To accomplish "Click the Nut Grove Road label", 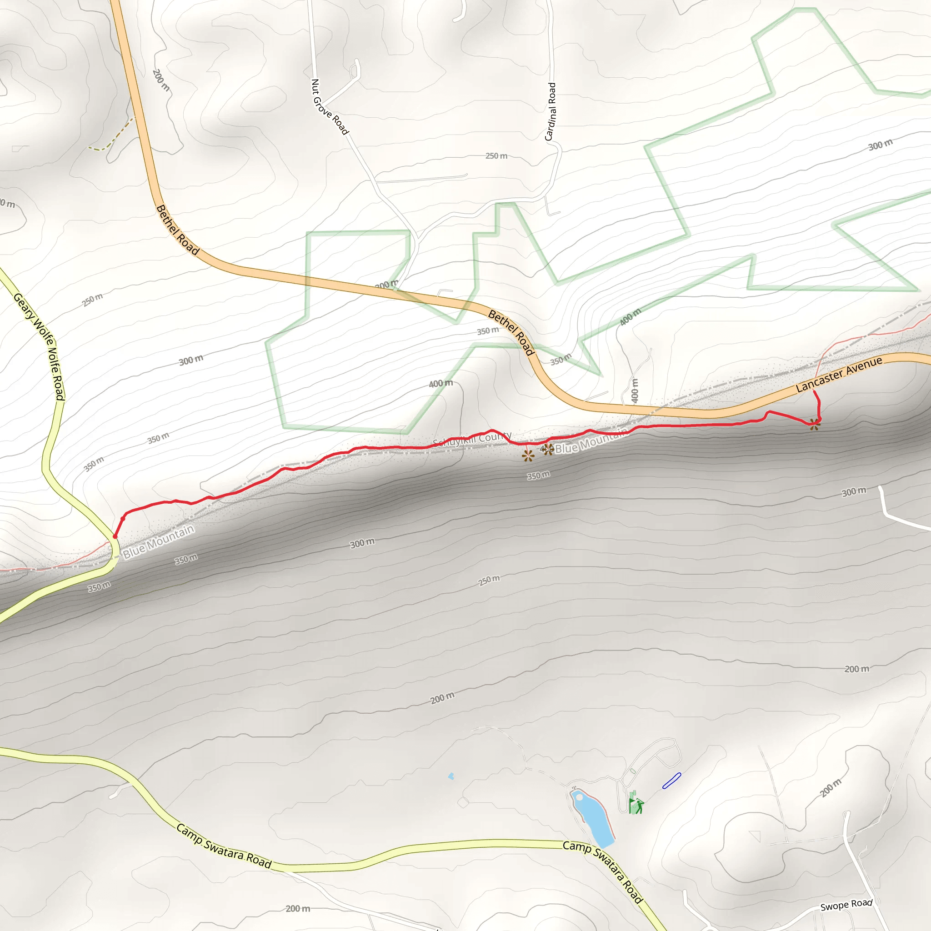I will pos(330,106).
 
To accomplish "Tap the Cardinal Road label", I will pos(551,111).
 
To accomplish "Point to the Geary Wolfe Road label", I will pos(40,346).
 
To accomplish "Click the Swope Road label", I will pos(846,905).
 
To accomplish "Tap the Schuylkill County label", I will pos(472,439).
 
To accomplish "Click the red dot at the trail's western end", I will pos(115,536).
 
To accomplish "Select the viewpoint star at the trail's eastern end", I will pos(814,425).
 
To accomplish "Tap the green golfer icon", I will pos(637,805).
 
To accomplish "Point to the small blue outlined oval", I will pos(671,781).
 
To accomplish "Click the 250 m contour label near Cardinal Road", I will pos(496,156).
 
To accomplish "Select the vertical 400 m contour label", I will pos(635,390).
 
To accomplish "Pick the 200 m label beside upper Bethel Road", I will pos(161,80).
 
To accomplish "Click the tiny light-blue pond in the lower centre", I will pos(451,776).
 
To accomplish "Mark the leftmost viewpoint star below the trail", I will pos(528,455).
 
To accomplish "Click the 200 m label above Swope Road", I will pos(831,788).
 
